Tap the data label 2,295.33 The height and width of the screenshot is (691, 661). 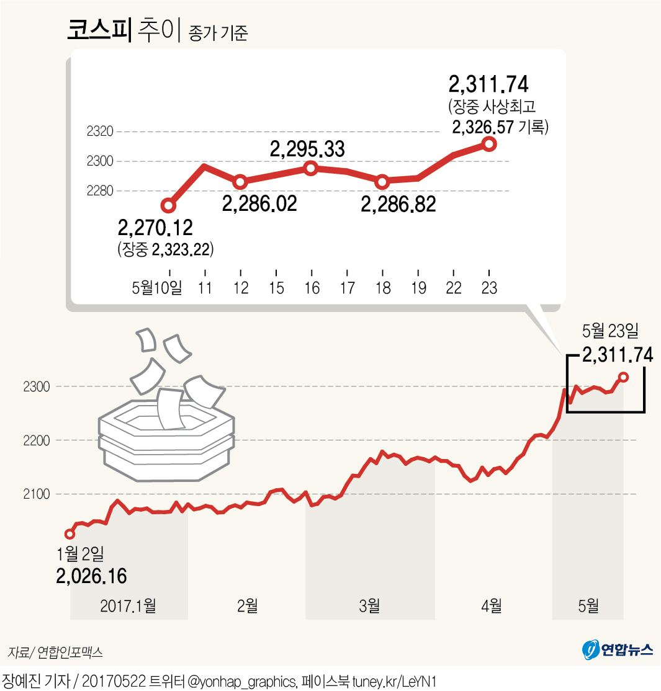coord(307,149)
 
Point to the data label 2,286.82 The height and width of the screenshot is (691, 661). coord(398,203)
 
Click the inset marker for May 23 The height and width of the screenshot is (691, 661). coord(489,144)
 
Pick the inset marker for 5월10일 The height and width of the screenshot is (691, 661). coord(168,205)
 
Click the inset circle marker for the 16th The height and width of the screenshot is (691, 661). coord(311,168)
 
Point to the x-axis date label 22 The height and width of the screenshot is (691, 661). coord(454,288)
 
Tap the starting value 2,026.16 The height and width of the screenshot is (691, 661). coord(91,576)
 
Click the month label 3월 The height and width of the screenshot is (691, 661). coord(369,605)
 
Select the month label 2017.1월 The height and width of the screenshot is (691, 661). coord(128,605)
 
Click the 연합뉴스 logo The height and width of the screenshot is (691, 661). coord(618,649)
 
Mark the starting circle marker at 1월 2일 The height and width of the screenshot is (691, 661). coord(70,534)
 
